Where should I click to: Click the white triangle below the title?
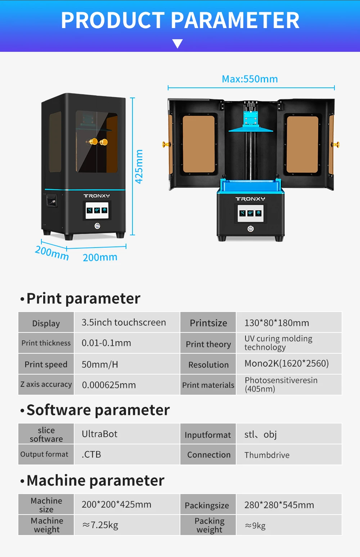click(177, 44)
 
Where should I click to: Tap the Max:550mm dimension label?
click(250, 79)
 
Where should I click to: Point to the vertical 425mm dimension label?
click(139, 166)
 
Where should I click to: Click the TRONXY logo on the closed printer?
click(96, 196)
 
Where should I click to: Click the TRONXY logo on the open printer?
click(250, 199)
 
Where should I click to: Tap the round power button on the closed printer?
click(97, 226)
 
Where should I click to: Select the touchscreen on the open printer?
click(250, 213)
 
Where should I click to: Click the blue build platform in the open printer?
click(251, 128)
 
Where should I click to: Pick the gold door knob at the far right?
click(336, 145)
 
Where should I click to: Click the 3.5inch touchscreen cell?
click(124, 322)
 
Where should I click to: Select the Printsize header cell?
click(208, 323)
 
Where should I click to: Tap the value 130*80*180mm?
click(276, 323)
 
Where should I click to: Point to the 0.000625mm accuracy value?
click(109, 385)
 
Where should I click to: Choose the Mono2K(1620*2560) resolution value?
click(287, 363)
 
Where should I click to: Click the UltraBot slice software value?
click(100, 434)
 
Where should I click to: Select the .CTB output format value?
click(91, 454)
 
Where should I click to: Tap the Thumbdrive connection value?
click(267, 455)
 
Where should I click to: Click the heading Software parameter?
click(98, 410)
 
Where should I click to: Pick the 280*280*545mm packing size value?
click(279, 505)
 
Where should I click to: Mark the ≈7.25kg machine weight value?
click(100, 525)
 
